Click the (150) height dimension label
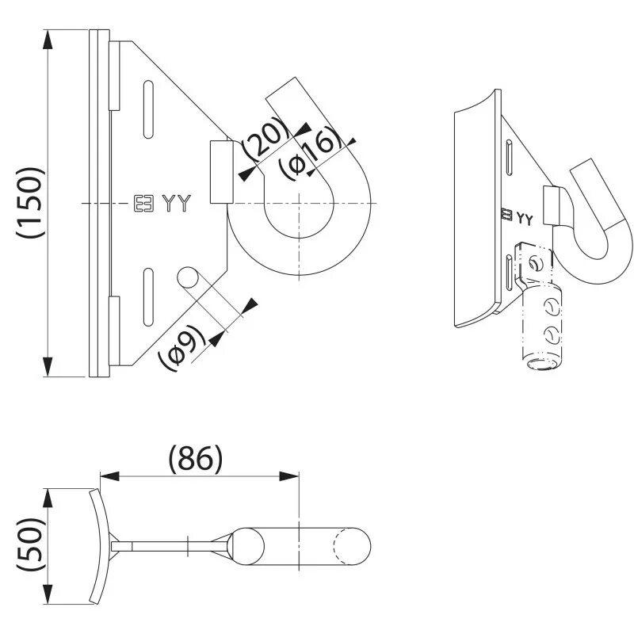pyautogui.click(x=30, y=202)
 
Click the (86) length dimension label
pyautogui.click(x=196, y=457)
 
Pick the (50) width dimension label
pyautogui.click(x=29, y=545)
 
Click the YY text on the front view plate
pyautogui.click(x=177, y=204)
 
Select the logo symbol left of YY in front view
pyautogui.click(x=143, y=204)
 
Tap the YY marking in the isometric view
pyautogui.click(x=525, y=216)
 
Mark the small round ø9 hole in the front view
pyautogui.click(x=188, y=277)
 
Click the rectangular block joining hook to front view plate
pyautogui.click(x=220, y=172)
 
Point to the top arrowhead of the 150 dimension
pyautogui.click(x=49, y=40)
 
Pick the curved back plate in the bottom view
pyautogui.click(x=97, y=545)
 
